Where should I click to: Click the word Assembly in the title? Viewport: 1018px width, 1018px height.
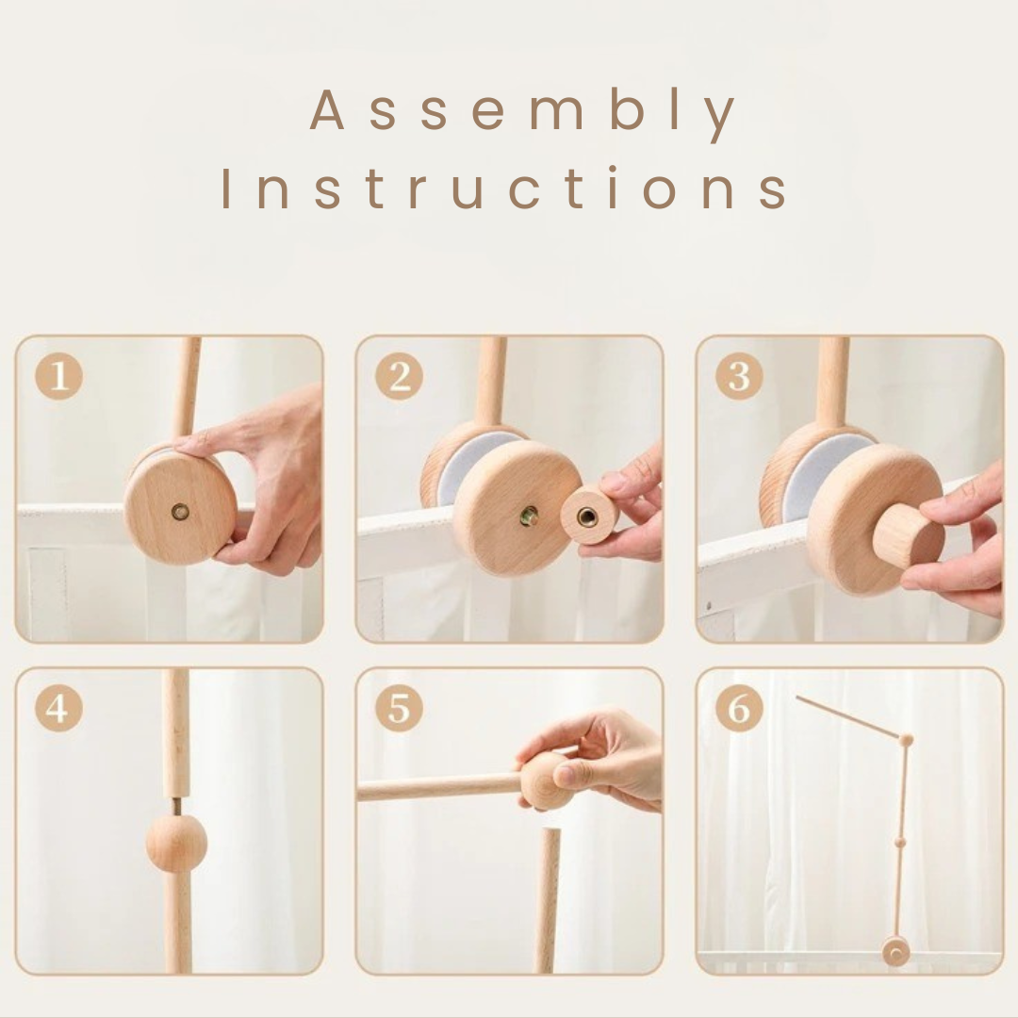(522, 111)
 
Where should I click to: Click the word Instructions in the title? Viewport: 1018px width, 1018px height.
(504, 189)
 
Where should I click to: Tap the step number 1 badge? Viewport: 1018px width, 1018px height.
(59, 376)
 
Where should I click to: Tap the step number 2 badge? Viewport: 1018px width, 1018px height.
(400, 376)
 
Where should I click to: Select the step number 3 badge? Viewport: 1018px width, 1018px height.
(740, 376)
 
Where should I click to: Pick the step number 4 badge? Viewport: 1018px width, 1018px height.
(59, 708)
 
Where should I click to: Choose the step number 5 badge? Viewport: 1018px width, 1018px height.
(400, 708)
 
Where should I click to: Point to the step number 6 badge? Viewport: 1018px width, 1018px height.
(740, 708)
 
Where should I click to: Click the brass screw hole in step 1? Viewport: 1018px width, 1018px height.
(180, 512)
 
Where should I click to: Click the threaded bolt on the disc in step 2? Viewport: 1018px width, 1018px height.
(529, 517)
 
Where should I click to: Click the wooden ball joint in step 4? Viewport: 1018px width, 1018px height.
(176, 844)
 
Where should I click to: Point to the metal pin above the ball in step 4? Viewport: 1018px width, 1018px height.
(177, 806)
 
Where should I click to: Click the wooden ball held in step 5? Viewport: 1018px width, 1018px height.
(545, 780)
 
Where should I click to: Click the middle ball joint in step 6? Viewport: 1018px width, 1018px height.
(900, 842)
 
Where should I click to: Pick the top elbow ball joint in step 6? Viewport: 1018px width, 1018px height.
(907, 740)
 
